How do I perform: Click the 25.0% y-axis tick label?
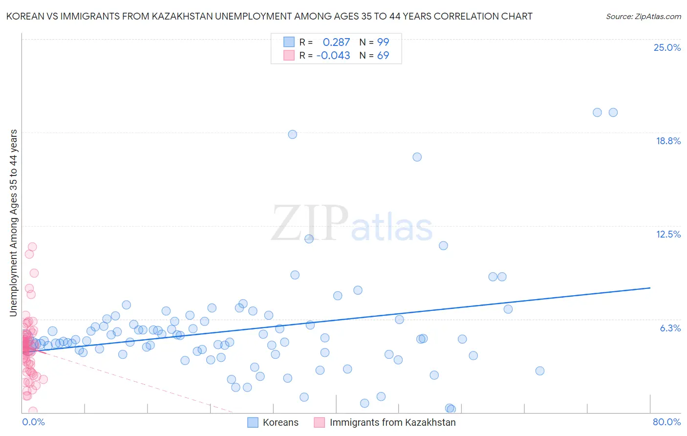coord(667,47)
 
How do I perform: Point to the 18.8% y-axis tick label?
coord(668,141)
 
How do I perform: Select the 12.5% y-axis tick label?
coord(668,234)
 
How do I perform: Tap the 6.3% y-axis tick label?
coord(670,328)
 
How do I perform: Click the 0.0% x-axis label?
coord(33,422)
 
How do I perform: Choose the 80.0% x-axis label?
coord(666,422)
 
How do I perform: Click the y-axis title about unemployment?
coord(13,223)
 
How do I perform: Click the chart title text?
coord(269,16)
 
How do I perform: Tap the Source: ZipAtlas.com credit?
coord(643,16)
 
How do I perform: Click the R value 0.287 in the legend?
coord(336,43)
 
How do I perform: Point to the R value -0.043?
coord(333,56)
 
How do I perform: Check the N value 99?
coord(383,43)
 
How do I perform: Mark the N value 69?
coord(383,56)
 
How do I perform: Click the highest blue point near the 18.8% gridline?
coord(292,134)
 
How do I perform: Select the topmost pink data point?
coord(32,247)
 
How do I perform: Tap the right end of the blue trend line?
coord(650,288)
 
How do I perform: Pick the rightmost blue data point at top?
coord(613,112)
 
